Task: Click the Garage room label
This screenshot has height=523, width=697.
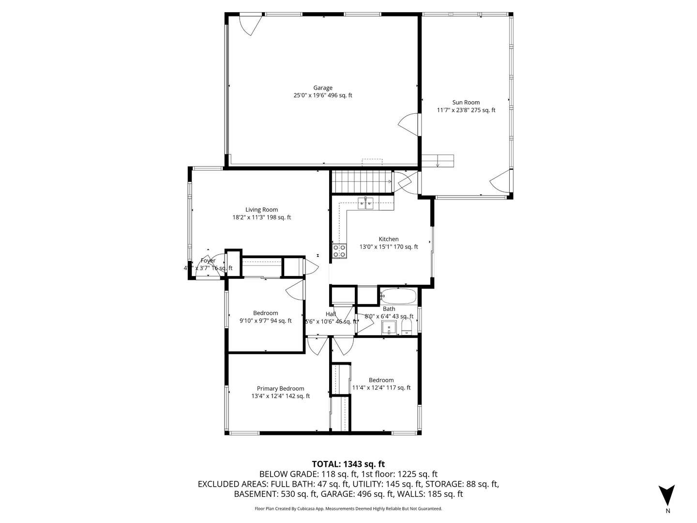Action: coord(322,88)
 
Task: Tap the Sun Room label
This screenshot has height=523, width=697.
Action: coord(466,102)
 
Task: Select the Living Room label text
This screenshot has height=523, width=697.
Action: coord(261,210)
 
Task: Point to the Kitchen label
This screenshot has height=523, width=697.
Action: coord(388,239)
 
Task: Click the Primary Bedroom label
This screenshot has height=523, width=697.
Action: coord(280,388)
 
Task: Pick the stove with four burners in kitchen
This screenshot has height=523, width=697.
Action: coord(339,251)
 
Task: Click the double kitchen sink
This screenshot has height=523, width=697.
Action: coord(365,203)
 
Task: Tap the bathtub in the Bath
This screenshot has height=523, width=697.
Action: coord(398,296)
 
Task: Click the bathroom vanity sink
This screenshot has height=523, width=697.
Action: coord(389,329)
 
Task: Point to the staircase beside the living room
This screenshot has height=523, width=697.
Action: coord(362,181)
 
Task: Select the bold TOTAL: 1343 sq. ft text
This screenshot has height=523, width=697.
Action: coord(348,464)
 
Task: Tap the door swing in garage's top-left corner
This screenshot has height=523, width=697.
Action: coord(252,25)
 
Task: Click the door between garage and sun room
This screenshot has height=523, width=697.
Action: coord(409,125)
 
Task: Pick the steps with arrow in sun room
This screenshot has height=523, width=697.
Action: coord(438,160)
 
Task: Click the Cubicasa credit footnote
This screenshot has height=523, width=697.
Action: coord(348,508)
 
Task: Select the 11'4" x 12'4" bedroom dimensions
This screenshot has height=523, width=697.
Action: coord(381,387)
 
